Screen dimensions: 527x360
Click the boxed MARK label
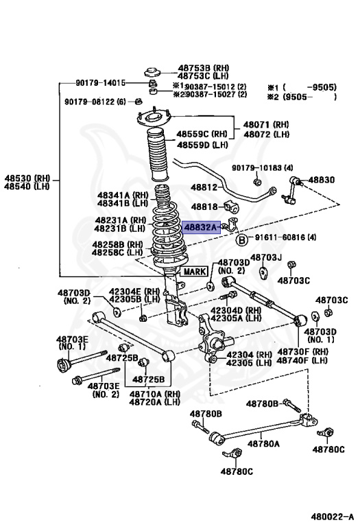click(193, 272)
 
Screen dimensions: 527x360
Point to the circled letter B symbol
click(241, 239)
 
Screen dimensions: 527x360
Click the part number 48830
click(321, 180)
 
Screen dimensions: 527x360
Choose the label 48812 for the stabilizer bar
click(204, 187)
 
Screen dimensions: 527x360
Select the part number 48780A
click(264, 444)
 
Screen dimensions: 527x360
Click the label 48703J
click(266, 257)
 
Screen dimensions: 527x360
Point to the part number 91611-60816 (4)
click(283, 238)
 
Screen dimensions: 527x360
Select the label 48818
click(204, 206)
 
